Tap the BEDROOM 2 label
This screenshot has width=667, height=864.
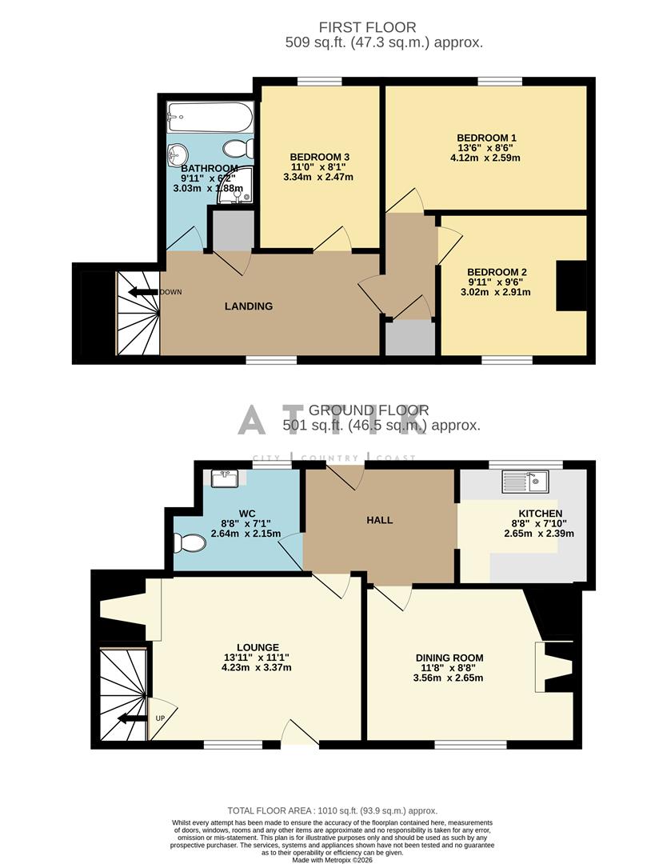pos(497,272)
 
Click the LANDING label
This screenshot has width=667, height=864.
pos(249,306)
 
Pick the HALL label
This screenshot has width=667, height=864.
pos(380,520)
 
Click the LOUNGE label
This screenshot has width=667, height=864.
pos(258,647)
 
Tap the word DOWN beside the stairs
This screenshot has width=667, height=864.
pos(171,292)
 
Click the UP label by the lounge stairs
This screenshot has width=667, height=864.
pos(159,718)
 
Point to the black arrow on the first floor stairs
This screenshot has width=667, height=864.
pos(143,292)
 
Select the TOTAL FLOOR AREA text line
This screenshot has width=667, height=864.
pos(333,810)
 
